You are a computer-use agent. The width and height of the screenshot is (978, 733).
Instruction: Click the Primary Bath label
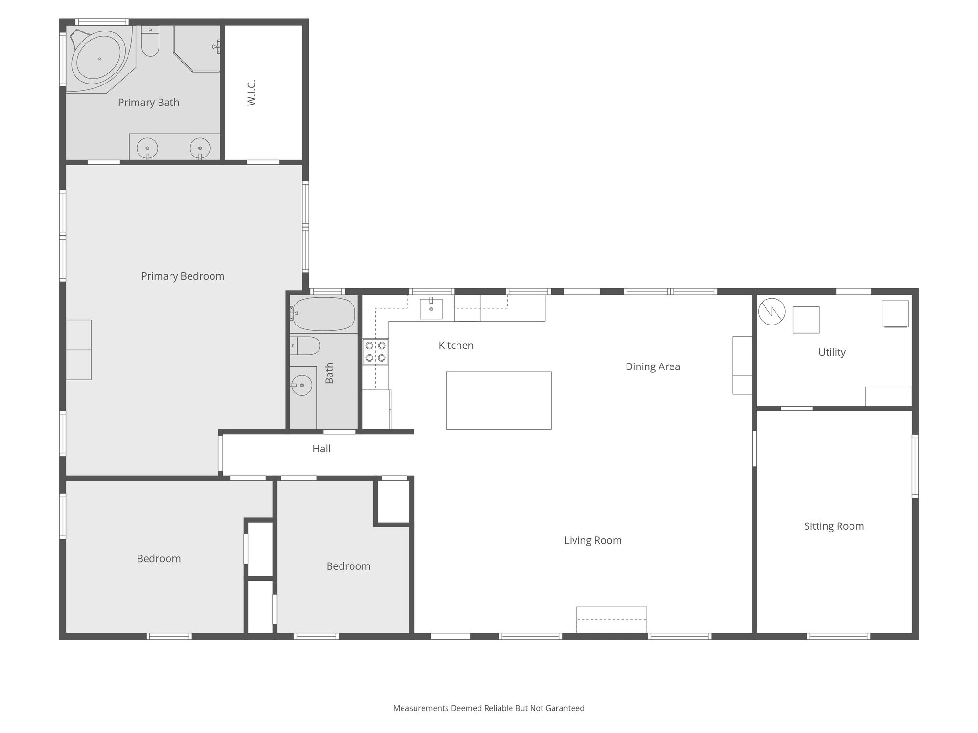tap(149, 103)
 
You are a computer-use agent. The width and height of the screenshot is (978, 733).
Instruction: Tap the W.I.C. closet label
tap(252, 93)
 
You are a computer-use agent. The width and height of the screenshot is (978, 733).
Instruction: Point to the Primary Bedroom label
tap(182, 276)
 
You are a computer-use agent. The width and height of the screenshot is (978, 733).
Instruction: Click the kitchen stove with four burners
tap(375, 352)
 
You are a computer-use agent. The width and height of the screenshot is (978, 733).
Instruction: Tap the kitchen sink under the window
tap(431, 309)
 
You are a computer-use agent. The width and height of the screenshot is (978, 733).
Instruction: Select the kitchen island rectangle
tap(499, 400)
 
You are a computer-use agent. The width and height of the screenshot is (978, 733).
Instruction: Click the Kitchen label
tap(456, 346)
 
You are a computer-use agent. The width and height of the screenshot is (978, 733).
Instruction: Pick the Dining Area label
tap(653, 366)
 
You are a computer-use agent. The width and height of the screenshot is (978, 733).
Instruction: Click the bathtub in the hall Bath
tap(323, 314)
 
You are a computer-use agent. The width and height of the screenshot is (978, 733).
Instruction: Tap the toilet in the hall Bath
tap(305, 346)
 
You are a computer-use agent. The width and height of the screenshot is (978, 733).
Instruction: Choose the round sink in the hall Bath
tap(302, 385)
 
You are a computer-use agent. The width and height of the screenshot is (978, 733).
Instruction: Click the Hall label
tap(321, 449)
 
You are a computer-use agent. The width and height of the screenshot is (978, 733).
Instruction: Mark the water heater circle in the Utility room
tap(772, 312)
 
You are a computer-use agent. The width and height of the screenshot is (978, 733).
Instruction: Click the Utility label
tap(832, 352)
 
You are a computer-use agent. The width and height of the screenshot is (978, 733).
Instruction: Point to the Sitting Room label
tap(834, 526)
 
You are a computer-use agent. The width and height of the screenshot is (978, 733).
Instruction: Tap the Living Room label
tap(593, 540)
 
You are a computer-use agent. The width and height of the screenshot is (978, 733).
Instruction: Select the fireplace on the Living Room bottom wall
tap(612, 619)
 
